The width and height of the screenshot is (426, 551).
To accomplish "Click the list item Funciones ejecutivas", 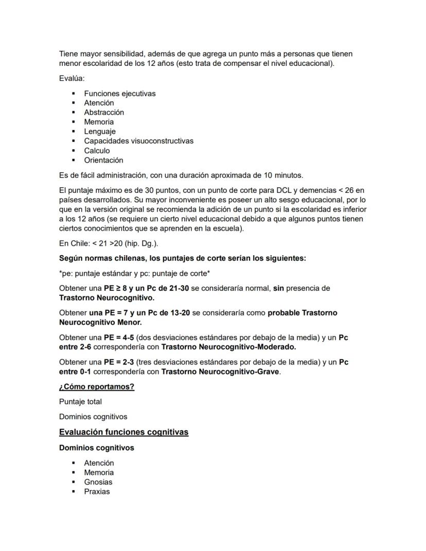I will pos(119,94).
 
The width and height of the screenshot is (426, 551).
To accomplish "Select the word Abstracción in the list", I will pos(104,112).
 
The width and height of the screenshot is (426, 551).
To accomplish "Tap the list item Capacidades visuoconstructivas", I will pos(138,140).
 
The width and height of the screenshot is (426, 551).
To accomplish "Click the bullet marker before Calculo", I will pos(74,151).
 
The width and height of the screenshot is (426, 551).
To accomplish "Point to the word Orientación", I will pos(103,160).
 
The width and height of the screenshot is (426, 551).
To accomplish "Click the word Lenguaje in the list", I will pos(100,131).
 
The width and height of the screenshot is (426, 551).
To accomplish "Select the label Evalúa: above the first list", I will pos(72,79).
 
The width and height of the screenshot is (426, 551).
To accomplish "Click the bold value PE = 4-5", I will pos(118,337).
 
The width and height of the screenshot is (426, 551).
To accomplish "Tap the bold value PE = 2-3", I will pos(118,362).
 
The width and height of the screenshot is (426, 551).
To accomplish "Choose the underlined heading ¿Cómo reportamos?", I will pos(97,386).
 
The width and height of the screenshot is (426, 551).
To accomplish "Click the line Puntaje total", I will pos(80,401).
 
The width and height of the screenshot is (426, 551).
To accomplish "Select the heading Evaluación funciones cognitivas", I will pos(123,432).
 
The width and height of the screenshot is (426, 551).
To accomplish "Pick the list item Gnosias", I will pos(98,482).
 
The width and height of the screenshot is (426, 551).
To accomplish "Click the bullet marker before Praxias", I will pos(74,491).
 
